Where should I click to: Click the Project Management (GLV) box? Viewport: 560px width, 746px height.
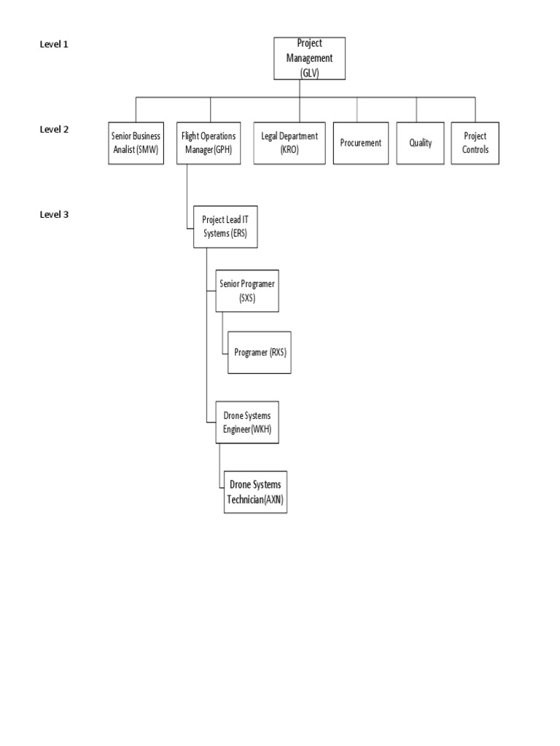tap(309, 58)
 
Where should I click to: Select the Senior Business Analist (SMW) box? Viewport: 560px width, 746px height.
tap(135, 143)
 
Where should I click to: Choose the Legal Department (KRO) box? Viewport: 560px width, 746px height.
tap(289, 143)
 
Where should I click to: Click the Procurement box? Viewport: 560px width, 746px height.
tap(360, 143)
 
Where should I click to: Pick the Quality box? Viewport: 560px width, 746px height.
tap(420, 143)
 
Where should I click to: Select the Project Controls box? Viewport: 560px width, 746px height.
tap(475, 143)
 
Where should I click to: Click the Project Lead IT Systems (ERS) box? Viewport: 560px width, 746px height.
tap(225, 227)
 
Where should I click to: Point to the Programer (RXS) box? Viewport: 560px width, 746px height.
tap(260, 352)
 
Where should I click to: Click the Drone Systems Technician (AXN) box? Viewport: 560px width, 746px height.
tap(255, 492)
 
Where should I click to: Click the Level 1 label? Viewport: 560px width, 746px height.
tap(54, 44)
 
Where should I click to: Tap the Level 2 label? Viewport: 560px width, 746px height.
tap(54, 130)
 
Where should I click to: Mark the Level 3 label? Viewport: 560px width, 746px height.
tap(54, 215)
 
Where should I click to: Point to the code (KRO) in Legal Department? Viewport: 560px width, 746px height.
tap(289, 149)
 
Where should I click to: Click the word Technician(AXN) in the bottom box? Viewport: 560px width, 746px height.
tap(255, 499)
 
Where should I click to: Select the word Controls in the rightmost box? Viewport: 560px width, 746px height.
tap(475, 149)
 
